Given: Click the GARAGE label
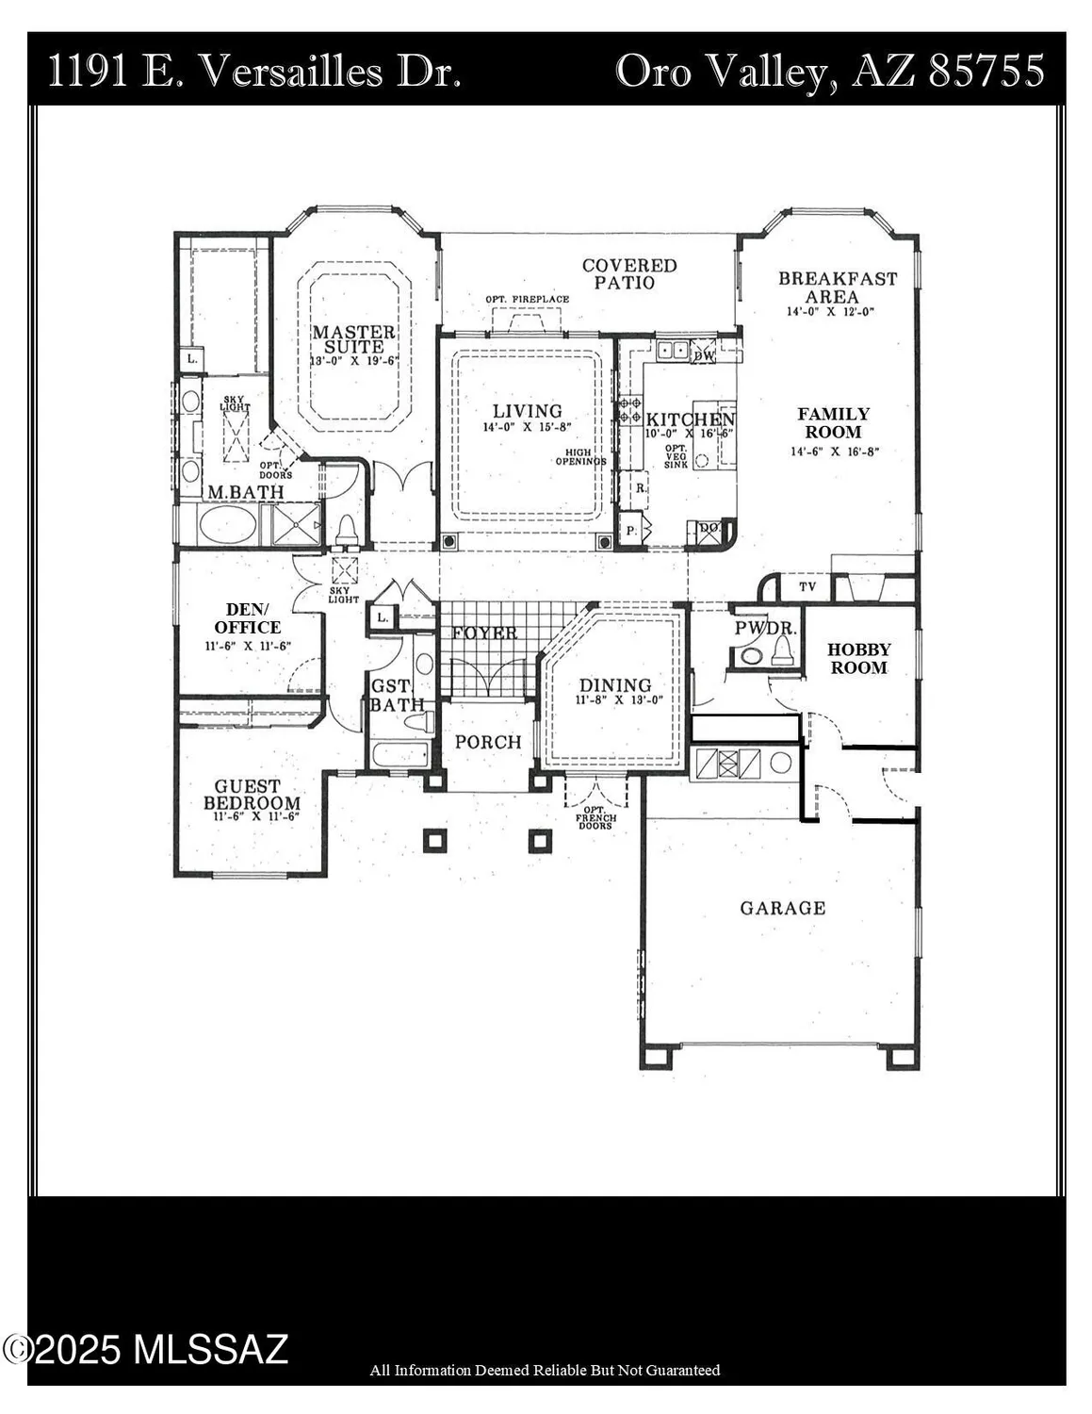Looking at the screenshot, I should click(782, 908).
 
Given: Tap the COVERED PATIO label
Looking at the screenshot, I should click(628, 274).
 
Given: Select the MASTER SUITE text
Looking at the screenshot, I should click(353, 339).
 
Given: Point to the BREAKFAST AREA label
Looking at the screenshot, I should click(837, 288).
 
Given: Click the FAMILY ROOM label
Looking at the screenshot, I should click(833, 423).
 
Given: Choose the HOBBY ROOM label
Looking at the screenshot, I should click(858, 658).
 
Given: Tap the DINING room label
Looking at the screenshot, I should click(614, 685).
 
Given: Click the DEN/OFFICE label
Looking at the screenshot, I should click(247, 618).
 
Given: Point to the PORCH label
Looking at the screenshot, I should click(487, 742).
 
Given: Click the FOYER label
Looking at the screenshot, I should click(484, 633).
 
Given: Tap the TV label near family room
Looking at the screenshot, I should click(807, 586).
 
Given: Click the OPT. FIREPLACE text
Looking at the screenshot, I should click(527, 300).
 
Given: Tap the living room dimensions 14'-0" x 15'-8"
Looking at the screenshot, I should click(527, 426).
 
